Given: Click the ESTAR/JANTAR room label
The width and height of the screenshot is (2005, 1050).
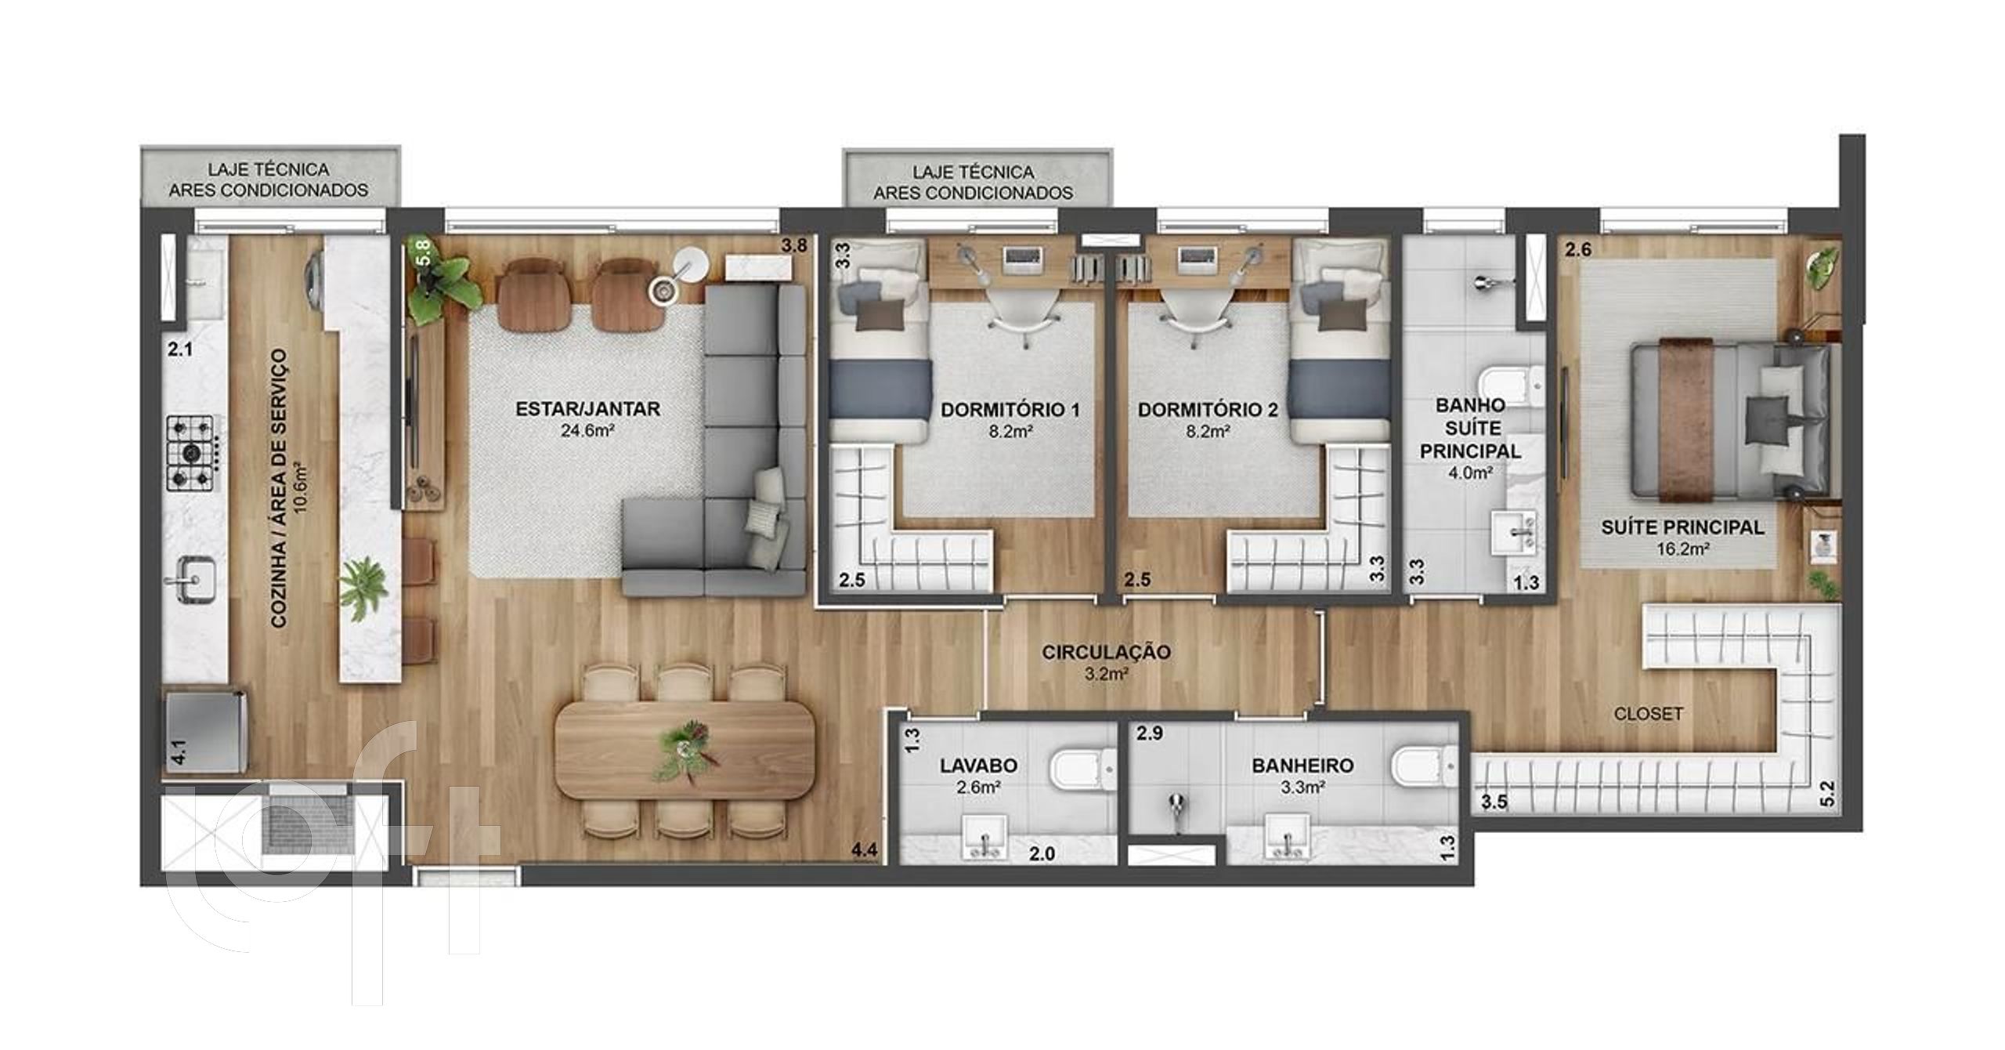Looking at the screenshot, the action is pos(587,408).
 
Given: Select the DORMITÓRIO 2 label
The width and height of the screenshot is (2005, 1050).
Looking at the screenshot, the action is pos(1208,409).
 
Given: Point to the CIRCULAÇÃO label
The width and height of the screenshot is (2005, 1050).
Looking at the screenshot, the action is pos(1106,651).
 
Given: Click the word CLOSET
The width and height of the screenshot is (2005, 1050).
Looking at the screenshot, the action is pos(1649,714).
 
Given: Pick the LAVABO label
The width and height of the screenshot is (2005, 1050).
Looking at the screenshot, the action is pos(979,766).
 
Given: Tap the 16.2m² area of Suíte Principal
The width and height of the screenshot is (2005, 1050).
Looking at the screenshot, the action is pos(1682,549).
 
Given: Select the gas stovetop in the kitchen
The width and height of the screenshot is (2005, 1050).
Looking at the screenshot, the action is pos(190,452).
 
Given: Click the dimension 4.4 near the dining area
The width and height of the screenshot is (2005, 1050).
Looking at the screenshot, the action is pos(864,849).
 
